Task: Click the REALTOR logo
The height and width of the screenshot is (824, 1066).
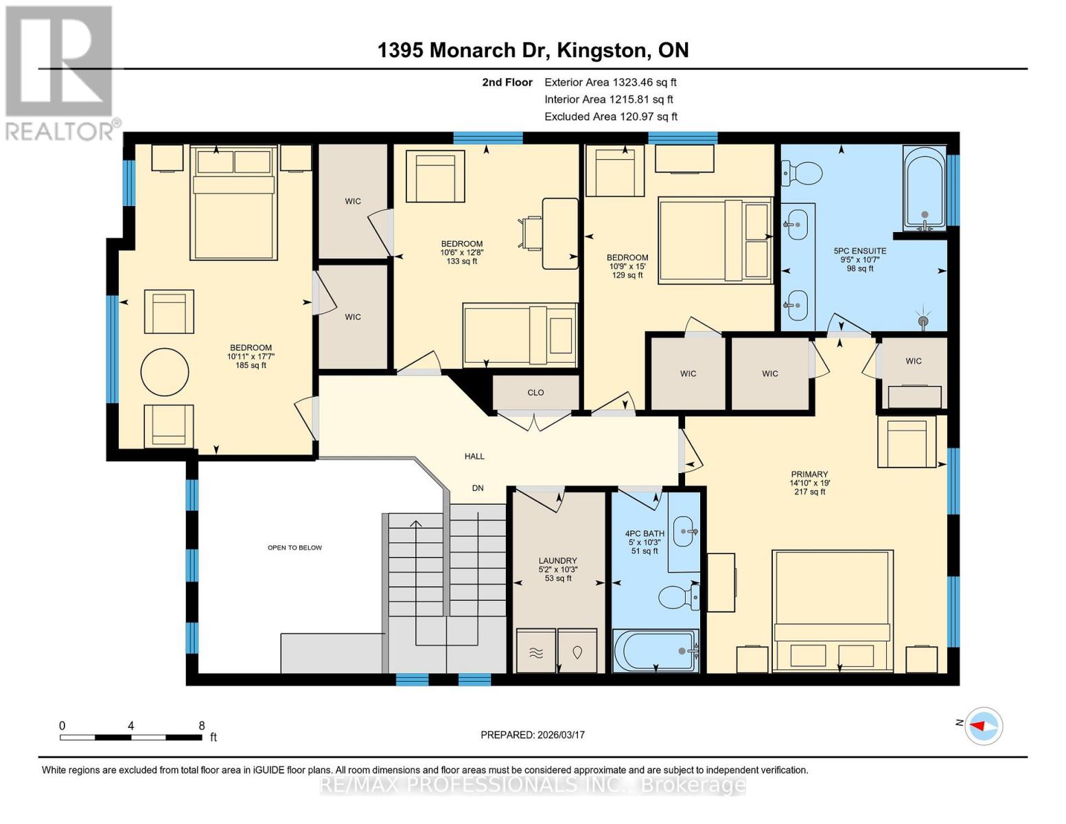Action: [60, 72]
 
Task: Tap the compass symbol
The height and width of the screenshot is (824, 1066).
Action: [984, 725]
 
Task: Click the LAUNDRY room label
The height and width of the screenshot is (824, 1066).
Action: [557, 560]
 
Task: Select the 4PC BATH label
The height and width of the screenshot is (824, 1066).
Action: [644, 534]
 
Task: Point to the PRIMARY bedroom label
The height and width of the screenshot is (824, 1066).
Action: [809, 474]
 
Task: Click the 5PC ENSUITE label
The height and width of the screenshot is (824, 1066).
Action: [859, 251]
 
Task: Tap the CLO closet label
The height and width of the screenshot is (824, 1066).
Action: [535, 393]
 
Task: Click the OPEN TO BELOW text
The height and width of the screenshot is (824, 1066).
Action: [294, 547]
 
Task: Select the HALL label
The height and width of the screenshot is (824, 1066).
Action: [474, 456]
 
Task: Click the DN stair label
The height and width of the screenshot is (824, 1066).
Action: [478, 488]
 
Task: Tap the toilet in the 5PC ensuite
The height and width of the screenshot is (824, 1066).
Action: [801, 172]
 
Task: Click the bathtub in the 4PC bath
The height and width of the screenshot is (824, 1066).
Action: [656, 651]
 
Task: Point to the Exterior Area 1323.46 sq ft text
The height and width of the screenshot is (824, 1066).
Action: [610, 82]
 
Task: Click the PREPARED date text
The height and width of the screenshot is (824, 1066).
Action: [532, 735]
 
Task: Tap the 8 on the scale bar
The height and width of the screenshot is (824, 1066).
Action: [202, 725]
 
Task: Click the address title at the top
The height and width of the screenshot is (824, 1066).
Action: [533, 50]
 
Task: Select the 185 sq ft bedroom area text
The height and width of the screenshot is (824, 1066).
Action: [251, 365]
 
